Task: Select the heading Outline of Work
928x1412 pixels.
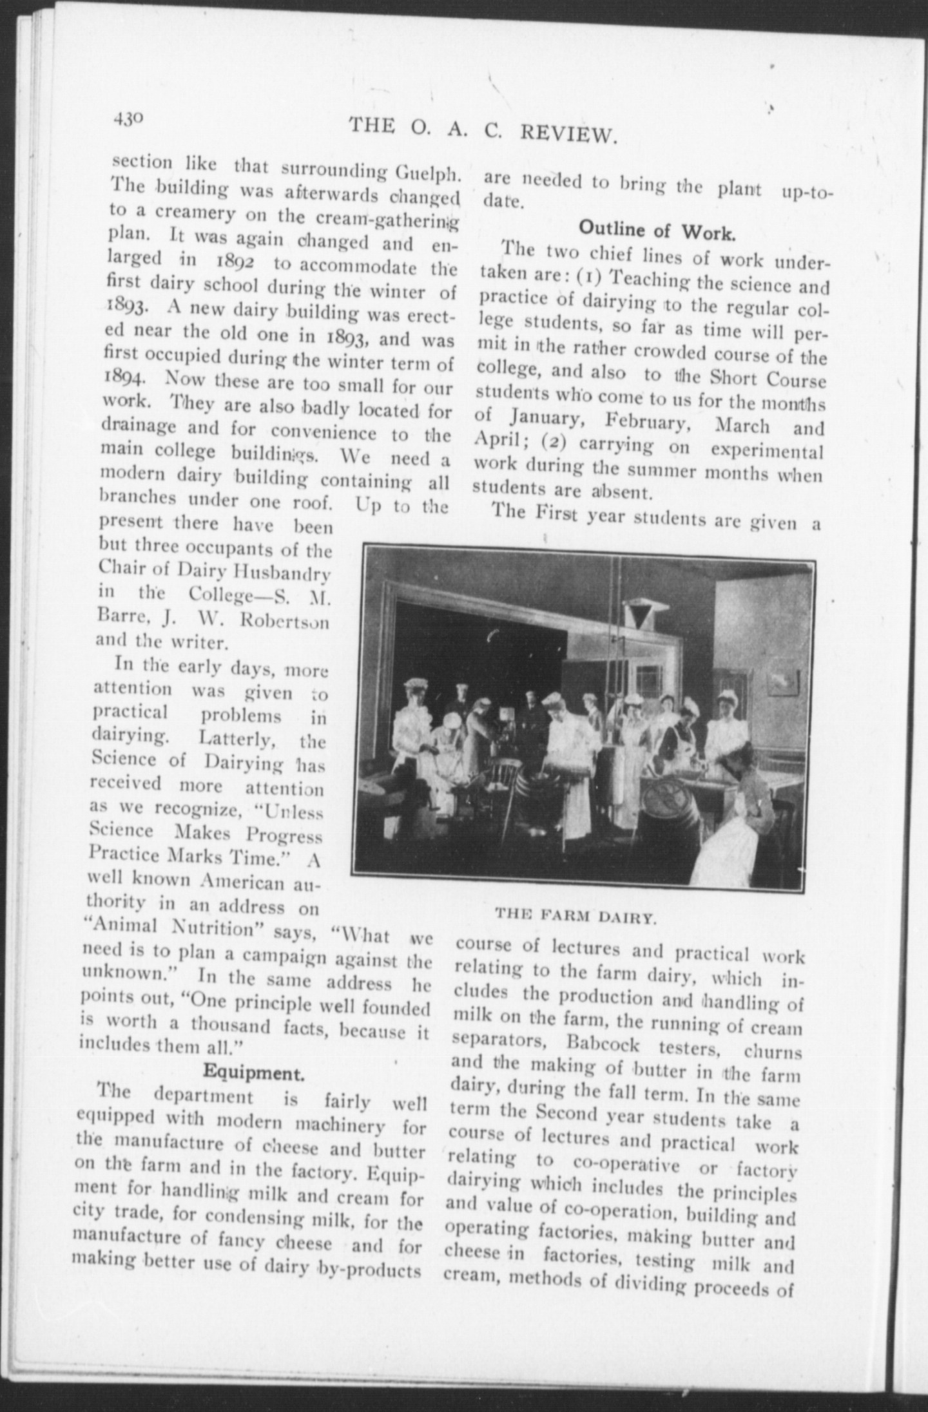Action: point(657,231)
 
